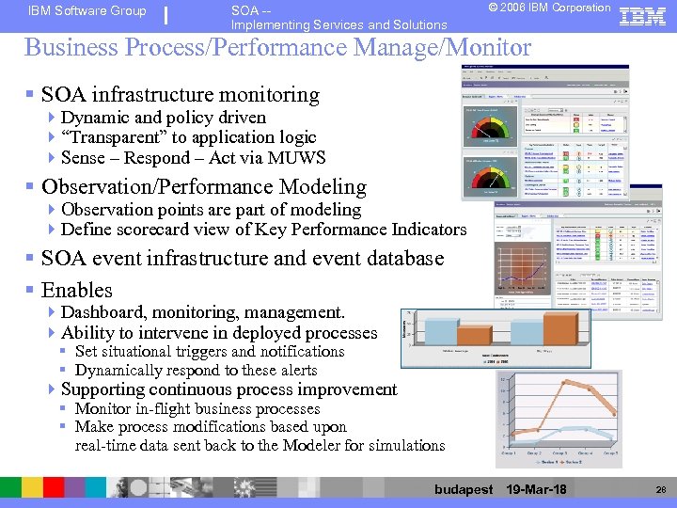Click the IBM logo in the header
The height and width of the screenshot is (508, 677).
[x=643, y=16]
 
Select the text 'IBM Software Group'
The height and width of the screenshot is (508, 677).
[x=87, y=11]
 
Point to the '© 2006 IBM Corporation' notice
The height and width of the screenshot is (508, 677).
[x=550, y=8]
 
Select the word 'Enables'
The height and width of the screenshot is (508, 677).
[x=77, y=290]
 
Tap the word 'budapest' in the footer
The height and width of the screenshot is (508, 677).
[x=464, y=489]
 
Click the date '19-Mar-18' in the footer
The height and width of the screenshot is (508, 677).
[x=536, y=489]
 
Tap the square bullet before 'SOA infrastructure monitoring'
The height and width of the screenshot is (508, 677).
[x=31, y=95]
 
